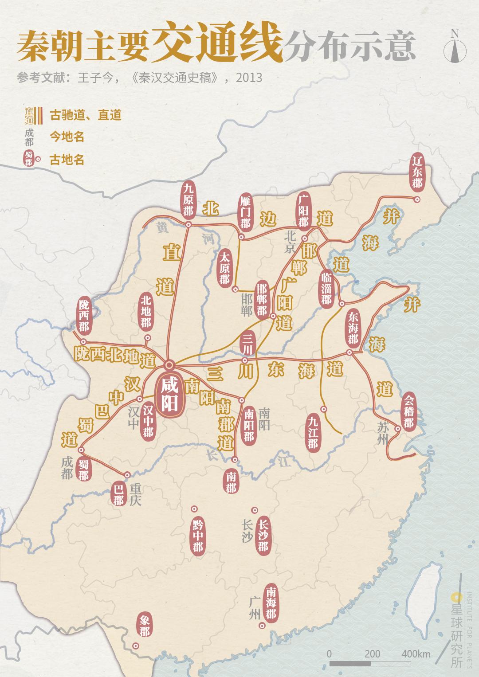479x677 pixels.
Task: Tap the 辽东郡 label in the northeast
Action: (x=417, y=171)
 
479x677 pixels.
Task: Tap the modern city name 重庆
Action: (x=136, y=495)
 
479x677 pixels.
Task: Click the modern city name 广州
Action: (x=255, y=608)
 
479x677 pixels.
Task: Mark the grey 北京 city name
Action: (x=291, y=241)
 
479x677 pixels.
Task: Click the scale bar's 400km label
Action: (x=416, y=654)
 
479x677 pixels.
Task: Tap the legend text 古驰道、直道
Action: (x=86, y=115)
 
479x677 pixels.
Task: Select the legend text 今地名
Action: (x=67, y=137)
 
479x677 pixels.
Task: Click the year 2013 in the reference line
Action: (x=249, y=78)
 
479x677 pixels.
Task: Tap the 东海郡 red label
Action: (x=353, y=328)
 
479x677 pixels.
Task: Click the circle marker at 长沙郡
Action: (x=255, y=510)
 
